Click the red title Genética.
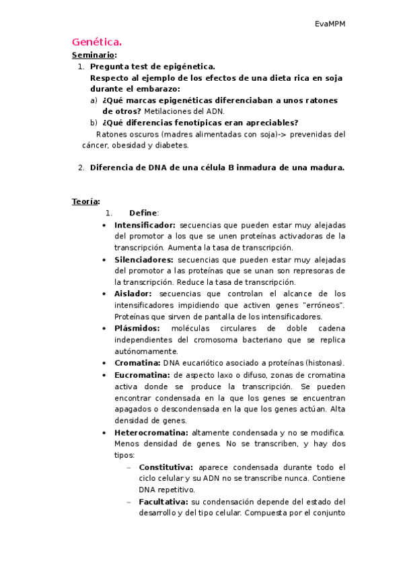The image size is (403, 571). pyautogui.click(x=97, y=42)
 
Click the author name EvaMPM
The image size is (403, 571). pyautogui.click(x=330, y=24)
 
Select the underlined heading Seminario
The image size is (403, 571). pyautogui.click(x=94, y=55)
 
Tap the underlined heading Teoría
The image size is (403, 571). pyautogui.click(x=85, y=201)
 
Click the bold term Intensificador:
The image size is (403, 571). pyautogui.click(x=145, y=225)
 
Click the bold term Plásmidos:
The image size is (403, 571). pyautogui.click(x=137, y=328)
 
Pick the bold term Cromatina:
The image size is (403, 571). pyautogui.click(x=137, y=362)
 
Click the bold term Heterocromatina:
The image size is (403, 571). pyautogui.click(x=151, y=432)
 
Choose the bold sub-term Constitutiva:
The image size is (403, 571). pyautogui.click(x=166, y=467)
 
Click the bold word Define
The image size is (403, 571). pyautogui.click(x=142, y=213)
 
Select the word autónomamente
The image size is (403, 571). pyautogui.click(x=146, y=351)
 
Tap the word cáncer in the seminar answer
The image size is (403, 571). pyautogui.click(x=96, y=145)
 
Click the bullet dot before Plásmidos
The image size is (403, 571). pyautogui.click(x=103, y=329)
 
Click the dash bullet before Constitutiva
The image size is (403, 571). pyautogui.click(x=128, y=467)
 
